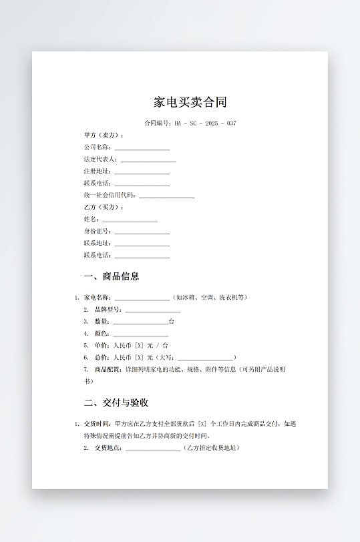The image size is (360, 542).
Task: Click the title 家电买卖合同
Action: tap(190, 102)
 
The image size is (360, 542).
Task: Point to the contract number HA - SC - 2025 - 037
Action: tap(205, 123)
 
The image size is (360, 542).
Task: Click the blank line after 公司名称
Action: tap(142, 148)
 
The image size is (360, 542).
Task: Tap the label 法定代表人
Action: tap(100, 160)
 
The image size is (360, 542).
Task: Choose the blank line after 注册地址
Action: tap(142, 172)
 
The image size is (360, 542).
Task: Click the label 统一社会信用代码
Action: tap(109, 196)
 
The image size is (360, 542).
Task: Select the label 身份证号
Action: tap(97, 232)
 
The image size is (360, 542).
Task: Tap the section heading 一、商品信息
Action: tap(112, 276)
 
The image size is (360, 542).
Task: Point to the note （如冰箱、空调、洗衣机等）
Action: tap(210, 298)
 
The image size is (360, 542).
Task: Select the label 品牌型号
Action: tap(108, 310)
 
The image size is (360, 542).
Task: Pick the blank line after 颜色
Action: tap(140, 334)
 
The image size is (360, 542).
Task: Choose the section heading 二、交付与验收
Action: tap(116, 403)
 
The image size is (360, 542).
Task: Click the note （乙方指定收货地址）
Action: tap(211, 448)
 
